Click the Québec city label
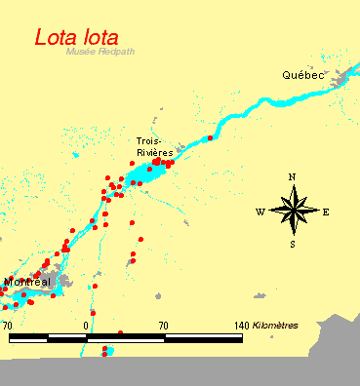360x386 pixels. coord(302,75)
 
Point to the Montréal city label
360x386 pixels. coord(27,282)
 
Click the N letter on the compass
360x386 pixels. coord(292,176)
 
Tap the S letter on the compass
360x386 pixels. coord(292,244)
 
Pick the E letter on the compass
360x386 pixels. coord(326,212)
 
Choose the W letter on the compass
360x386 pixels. coord(260,212)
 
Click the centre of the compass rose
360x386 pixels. coord(293,210)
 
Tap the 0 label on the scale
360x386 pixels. coord(87,325)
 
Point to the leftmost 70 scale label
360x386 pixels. coord(8,325)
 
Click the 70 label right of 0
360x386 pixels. coord(163,325)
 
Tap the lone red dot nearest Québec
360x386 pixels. coord(210,137)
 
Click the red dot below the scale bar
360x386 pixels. coord(104,351)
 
